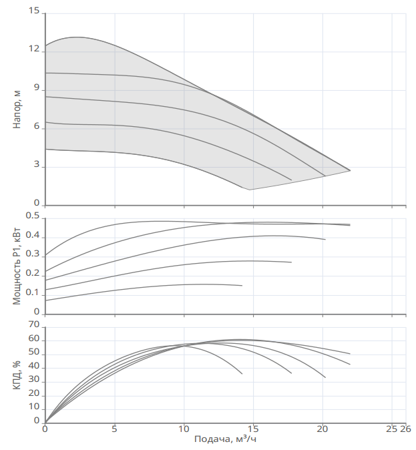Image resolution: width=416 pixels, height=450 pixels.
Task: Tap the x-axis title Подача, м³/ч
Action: (226, 439)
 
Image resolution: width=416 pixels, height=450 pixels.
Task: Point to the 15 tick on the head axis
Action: (35, 12)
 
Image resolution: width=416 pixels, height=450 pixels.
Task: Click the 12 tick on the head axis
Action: (35, 51)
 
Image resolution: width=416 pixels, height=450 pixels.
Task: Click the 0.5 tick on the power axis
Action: (33, 216)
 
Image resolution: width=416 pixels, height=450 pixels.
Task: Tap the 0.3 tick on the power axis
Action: (33, 255)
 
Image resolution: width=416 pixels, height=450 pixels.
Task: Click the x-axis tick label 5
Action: (114, 429)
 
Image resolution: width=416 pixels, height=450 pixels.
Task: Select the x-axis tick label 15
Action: (253, 429)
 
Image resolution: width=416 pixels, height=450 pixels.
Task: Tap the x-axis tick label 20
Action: (323, 429)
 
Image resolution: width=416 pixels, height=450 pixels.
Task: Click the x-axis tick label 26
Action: (405, 429)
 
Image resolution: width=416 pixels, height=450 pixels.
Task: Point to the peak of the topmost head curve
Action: (76, 37)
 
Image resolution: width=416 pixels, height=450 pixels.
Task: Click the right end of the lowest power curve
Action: (242, 285)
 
